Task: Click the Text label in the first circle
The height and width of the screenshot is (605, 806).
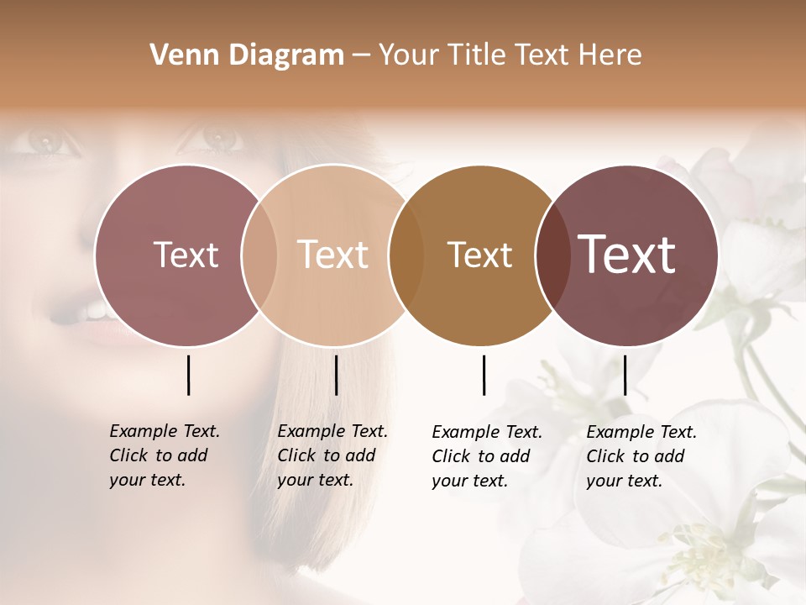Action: point(186,255)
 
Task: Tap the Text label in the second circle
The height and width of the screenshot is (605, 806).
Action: point(333,255)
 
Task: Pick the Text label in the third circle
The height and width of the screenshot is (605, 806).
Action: point(480,255)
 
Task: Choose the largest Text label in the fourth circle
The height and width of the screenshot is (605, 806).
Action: point(627,255)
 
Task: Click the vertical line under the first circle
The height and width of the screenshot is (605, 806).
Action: point(188,375)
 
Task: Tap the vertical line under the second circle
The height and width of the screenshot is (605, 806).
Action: point(336,375)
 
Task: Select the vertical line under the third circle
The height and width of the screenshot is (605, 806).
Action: point(484,375)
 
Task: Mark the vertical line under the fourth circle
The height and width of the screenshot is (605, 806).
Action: point(625,375)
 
